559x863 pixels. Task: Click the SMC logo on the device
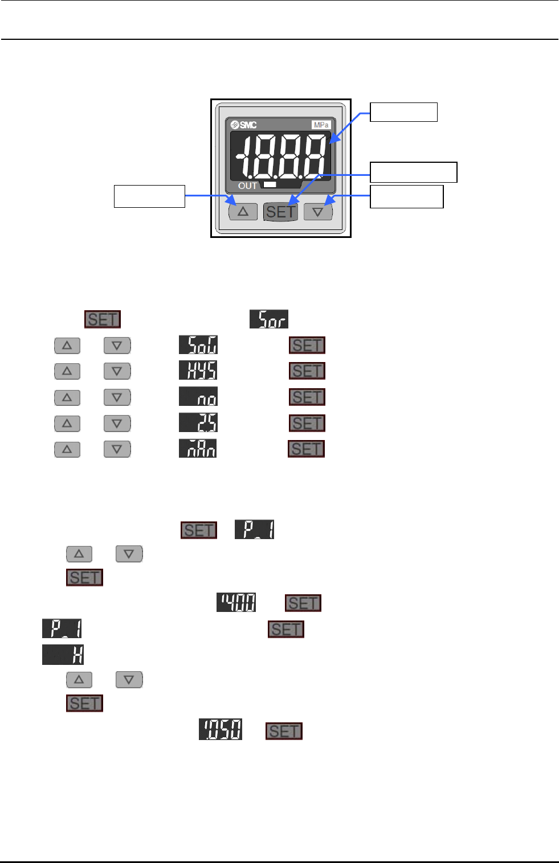[244, 125]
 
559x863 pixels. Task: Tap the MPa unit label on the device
[321, 125]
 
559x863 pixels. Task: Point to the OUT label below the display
[247, 186]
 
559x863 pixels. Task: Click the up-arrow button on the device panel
[243, 212]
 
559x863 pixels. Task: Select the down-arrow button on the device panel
[318, 212]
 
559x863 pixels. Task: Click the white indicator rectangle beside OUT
[270, 184]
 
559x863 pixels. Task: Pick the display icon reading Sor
[269, 319]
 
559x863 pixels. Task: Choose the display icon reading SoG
[198, 345]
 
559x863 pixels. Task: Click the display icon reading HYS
[198, 371]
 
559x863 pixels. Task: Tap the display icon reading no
[198, 397]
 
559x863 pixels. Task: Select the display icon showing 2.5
[198, 423]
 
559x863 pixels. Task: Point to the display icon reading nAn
[198, 449]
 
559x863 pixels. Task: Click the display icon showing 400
[236, 602]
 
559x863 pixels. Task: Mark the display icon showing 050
[221, 730]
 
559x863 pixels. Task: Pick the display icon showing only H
[63, 655]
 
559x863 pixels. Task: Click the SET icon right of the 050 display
[284, 731]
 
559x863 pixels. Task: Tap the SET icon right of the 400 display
[303, 603]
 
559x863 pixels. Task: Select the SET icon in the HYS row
[307, 371]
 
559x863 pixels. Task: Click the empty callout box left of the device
[149, 196]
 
